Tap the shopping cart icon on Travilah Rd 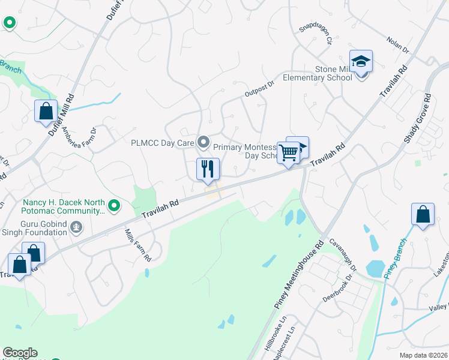point(288,153)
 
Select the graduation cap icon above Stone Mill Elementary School point(361,62)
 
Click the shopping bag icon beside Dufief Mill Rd point(46,111)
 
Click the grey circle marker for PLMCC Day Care point(204,143)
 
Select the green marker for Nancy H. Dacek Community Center point(113,206)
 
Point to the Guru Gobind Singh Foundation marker point(76,227)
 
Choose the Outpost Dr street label point(259,89)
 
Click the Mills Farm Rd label point(137,245)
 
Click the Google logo point(20,353)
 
